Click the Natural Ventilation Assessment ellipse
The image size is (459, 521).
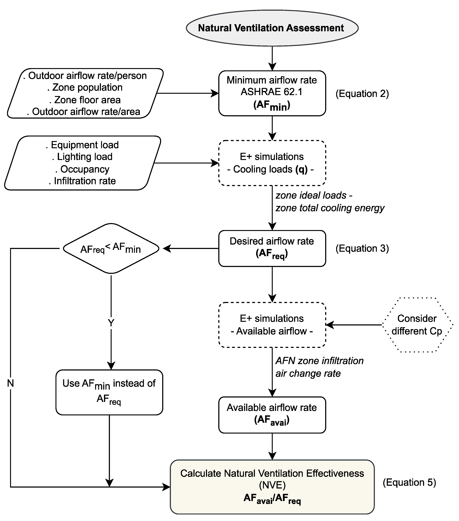(x=272, y=28)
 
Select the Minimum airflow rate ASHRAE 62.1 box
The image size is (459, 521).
(x=272, y=93)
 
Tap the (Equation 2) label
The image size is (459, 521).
(x=362, y=94)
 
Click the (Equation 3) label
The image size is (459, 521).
(x=362, y=249)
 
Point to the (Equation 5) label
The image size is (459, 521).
(x=409, y=483)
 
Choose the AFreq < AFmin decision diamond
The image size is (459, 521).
(x=111, y=249)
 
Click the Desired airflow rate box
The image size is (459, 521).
(x=272, y=249)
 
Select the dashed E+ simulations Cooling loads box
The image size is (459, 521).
(x=272, y=163)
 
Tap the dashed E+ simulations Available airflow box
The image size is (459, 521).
(x=272, y=325)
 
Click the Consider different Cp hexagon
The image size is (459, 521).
(x=417, y=325)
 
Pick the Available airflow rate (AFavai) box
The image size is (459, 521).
(x=272, y=415)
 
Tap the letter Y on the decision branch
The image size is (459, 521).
(x=111, y=323)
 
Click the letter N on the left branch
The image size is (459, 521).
(x=10, y=383)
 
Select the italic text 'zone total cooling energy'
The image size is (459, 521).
(x=330, y=208)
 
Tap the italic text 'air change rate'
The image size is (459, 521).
(x=308, y=373)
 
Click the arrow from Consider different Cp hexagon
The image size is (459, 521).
(x=354, y=325)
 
